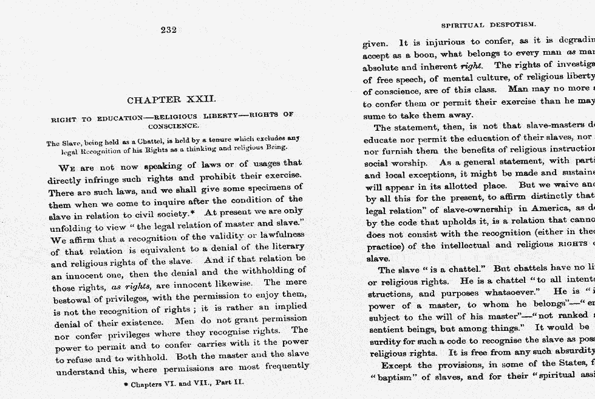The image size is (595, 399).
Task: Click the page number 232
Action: [x=169, y=30]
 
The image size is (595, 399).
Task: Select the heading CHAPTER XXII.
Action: [x=171, y=100]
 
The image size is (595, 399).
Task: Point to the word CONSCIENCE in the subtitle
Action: [x=173, y=126]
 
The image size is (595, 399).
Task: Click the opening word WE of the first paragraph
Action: [x=67, y=167]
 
